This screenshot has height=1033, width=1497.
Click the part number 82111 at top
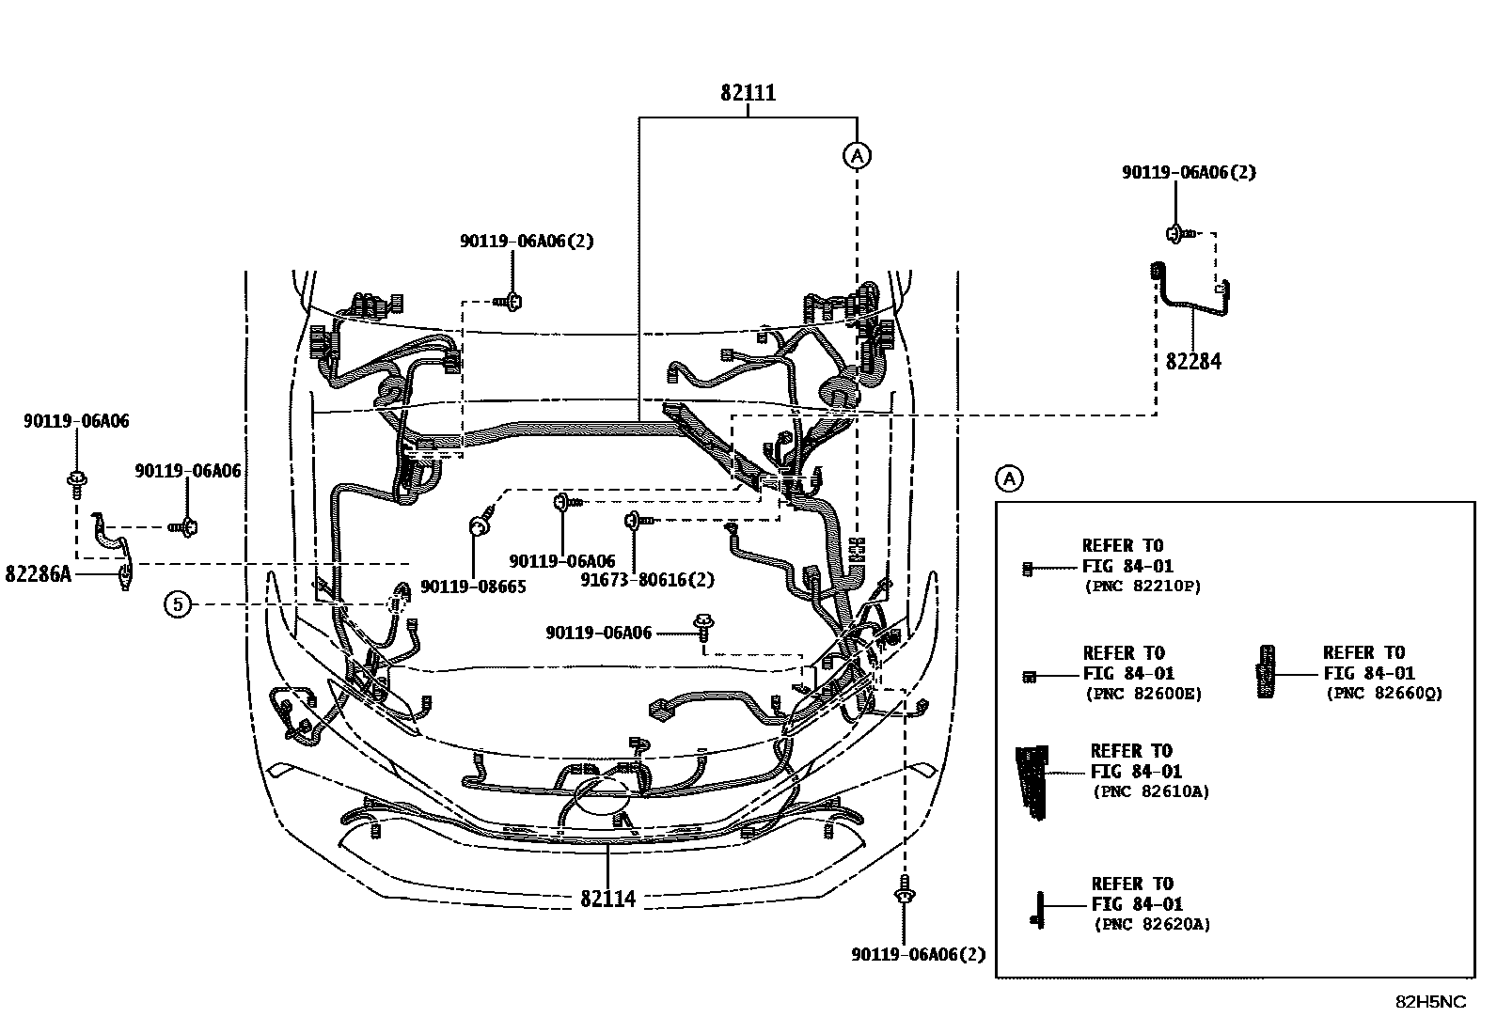click(748, 93)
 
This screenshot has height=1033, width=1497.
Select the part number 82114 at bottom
click(607, 899)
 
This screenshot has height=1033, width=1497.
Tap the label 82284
click(1193, 361)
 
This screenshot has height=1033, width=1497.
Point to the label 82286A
click(38, 573)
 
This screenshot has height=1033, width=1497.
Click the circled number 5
click(178, 604)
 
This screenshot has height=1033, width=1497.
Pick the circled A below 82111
click(857, 156)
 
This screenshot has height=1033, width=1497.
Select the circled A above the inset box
click(1008, 478)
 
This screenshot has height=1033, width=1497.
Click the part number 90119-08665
click(473, 587)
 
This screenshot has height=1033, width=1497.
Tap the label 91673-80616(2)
click(647, 580)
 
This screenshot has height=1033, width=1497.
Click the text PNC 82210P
click(1143, 587)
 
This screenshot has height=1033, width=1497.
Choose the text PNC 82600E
click(1143, 694)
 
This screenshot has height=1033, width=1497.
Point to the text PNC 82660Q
click(1384, 694)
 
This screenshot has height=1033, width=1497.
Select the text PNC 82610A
click(1151, 791)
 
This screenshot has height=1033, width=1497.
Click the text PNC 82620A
click(1152, 925)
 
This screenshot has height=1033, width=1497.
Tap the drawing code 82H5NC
click(1429, 1002)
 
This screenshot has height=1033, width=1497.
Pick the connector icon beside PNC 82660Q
click(1267, 671)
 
